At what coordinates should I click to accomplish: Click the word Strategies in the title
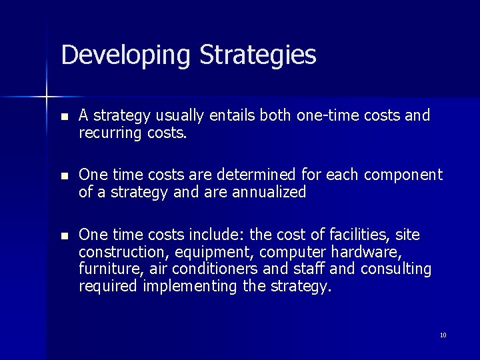coord(258,55)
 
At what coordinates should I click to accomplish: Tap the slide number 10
coord(443,335)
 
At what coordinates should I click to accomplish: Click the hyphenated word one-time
coord(323,116)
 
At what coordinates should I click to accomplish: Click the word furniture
coord(107,269)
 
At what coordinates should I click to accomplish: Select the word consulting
coord(396,269)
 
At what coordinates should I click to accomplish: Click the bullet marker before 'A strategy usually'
coord(64,117)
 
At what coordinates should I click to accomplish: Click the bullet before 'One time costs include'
coord(64,235)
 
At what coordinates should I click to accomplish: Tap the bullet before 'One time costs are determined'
coord(64,176)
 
